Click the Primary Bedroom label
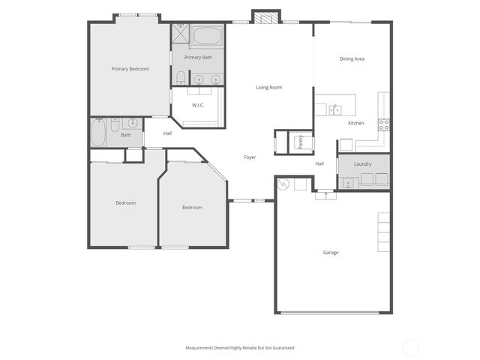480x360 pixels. [x=130, y=69]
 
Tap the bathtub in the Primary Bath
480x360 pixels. [x=205, y=36]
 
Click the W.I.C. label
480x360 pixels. [x=198, y=105]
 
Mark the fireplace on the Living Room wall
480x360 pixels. [x=265, y=17]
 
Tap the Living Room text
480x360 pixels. [x=268, y=88]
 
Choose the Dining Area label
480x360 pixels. [x=352, y=58]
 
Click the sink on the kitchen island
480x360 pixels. [x=334, y=109]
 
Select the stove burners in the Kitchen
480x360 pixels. [x=383, y=124]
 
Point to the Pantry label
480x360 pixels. [x=301, y=142]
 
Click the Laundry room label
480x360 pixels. [x=363, y=163]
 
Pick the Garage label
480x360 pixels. [x=331, y=253]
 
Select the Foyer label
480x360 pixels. [x=250, y=157]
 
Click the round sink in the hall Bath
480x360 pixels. [x=132, y=123]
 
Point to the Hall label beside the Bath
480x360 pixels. [x=167, y=133]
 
